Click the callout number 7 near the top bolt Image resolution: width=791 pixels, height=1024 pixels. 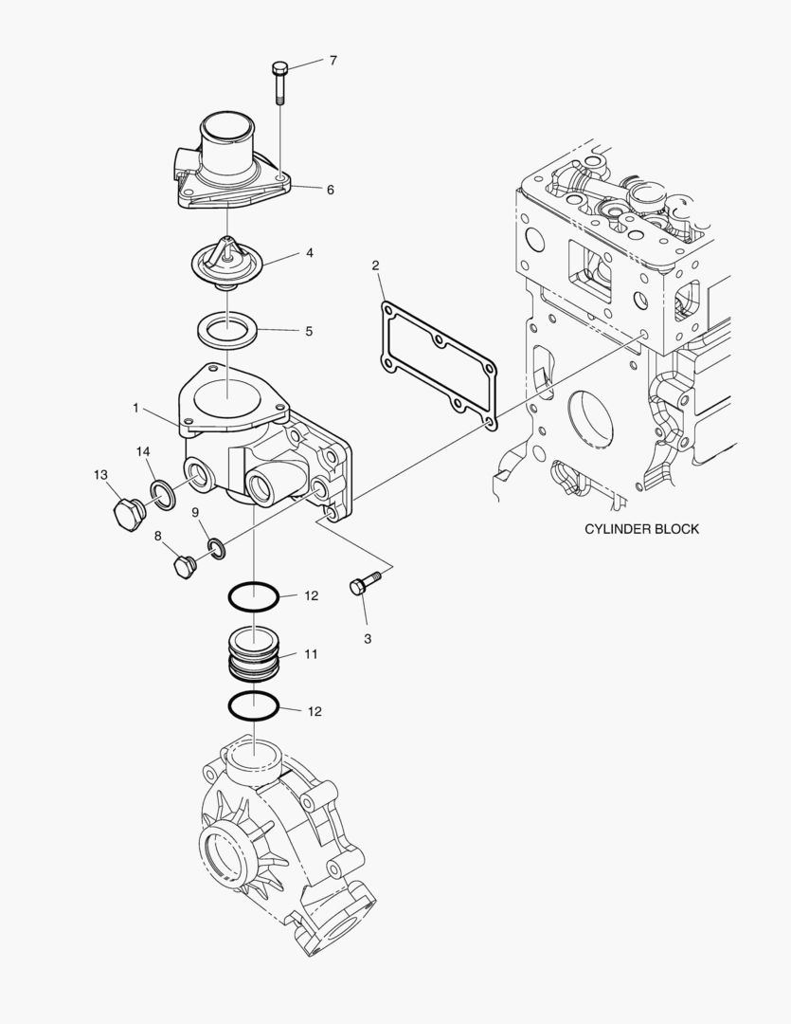pyautogui.click(x=333, y=61)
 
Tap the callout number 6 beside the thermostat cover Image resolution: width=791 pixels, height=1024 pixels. pyautogui.click(x=330, y=190)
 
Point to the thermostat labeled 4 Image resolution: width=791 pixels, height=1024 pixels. pyautogui.click(x=226, y=263)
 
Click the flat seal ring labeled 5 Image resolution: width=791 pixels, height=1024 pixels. pyautogui.click(x=227, y=331)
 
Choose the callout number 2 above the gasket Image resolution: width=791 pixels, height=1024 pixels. pyautogui.click(x=375, y=265)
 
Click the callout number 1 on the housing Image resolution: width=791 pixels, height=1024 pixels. pyautogui.click(x=136, y=408)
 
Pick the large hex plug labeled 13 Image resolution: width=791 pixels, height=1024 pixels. pyautogui.click(x=125, y=515)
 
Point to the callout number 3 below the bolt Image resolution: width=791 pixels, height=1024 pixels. pyautogui.click(x=368, y=638)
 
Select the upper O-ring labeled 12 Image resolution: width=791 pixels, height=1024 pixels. pyautogui.click(x=253, y=598)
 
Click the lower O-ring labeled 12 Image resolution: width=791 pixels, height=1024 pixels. pyautogui.click(x=253, y=706)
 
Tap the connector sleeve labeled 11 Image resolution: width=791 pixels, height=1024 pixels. pyautogui.click(x=253, y=653)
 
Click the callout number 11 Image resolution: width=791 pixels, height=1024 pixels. pyautogui.click(x=311, y=654)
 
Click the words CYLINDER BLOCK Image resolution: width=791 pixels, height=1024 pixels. pyautogui.click(x=641, y=528)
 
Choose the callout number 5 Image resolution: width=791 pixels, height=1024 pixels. pyautogui.click(x=308, y=332)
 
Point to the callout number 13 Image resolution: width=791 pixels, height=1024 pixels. pyautogui.click(x=100, y=474)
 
